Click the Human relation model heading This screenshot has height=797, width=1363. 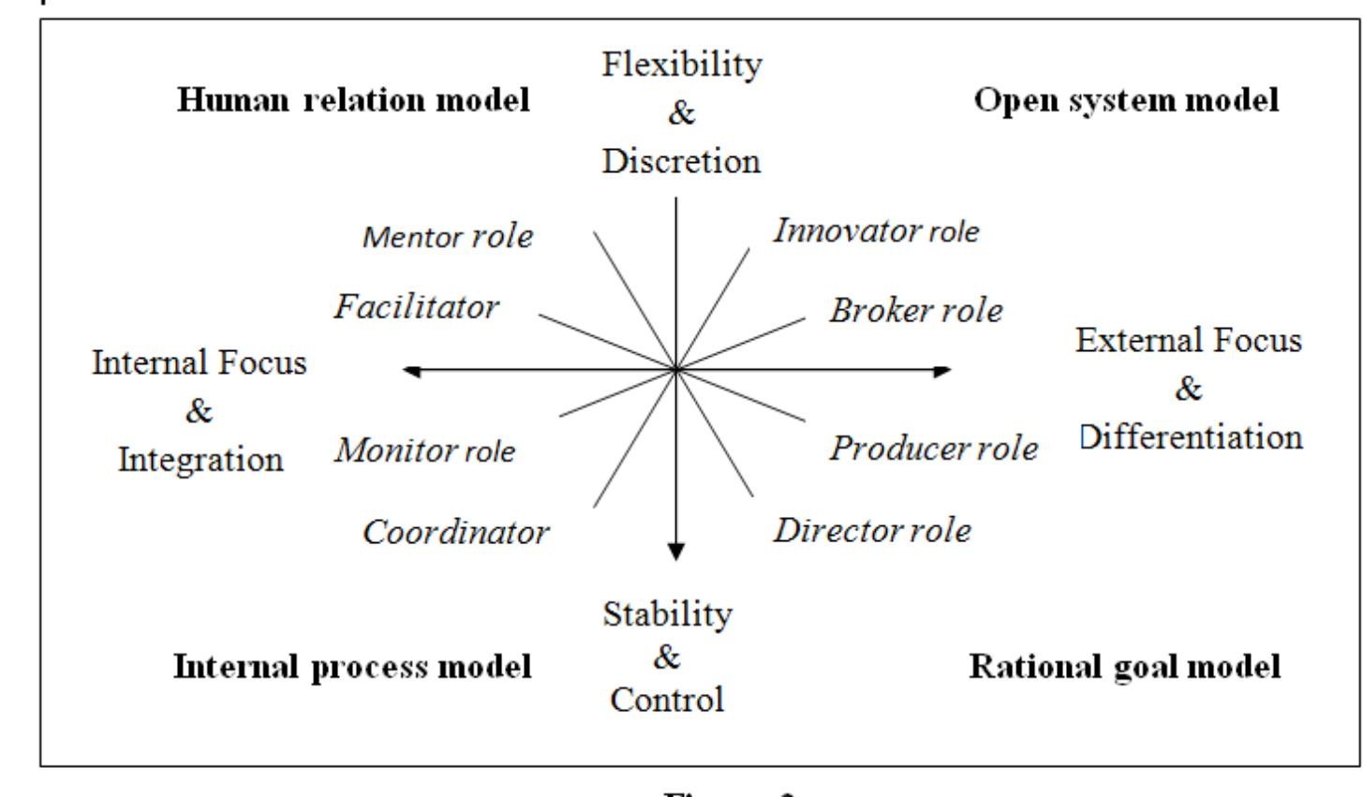(353, 100)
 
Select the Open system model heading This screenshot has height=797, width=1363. (1126, 100)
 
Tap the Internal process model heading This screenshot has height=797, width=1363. (352, 667)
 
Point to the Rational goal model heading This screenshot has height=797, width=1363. (1124, 667)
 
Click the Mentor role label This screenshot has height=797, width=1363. (448, 236)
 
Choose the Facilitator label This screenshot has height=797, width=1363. (417, 306)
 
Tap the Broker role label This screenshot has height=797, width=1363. (915, 310)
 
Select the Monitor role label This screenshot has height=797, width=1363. (425, 451)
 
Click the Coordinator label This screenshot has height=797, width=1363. (456, 533)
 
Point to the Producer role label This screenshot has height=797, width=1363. (933, 449)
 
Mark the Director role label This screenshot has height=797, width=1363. (872, 531)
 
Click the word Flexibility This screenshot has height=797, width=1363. (681, 66)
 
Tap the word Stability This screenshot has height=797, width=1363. (667, 615)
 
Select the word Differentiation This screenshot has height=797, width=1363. (1191, 436)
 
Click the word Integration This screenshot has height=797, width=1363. (201, 460)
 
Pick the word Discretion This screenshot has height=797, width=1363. (681, 161)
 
